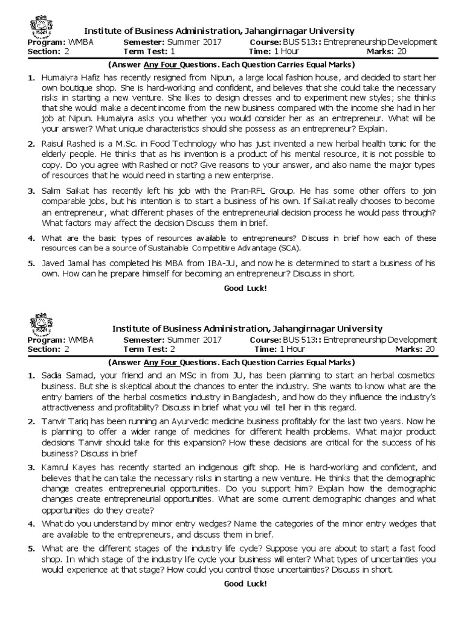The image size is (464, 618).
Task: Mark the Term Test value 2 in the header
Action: pos(172,349)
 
